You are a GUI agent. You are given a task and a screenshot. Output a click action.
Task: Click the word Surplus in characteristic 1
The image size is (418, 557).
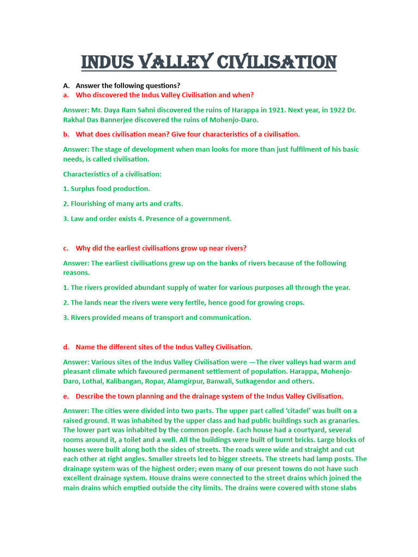[84, 189]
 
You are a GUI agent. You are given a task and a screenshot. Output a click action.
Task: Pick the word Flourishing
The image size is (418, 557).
[90, 204]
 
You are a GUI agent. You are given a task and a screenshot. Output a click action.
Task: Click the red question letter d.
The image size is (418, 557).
[66, 347]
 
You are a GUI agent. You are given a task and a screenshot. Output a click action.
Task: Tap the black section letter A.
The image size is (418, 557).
[66, 86]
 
